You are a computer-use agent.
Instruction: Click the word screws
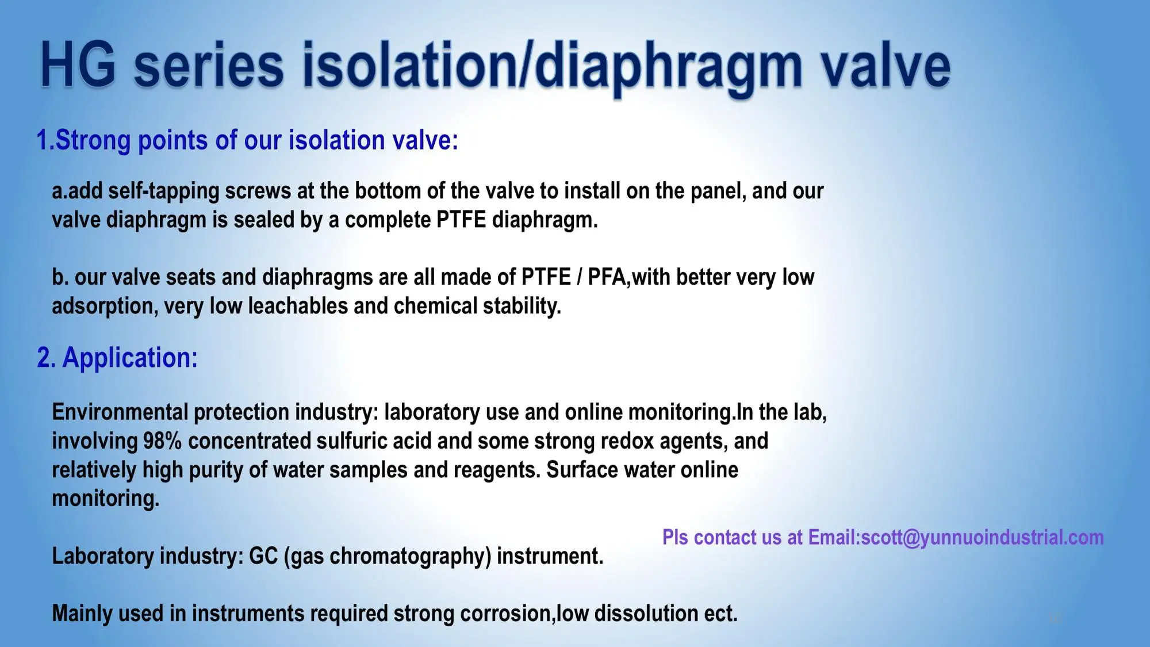pyautogui.click(x=258, y=191)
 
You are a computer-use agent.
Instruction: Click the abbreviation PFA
pyautogui.click(x=607, y=277)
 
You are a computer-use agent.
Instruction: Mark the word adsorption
pyautogui.click(x=103, y=307)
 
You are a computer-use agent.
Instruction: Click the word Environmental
pyautogui.click(x=120, y=412)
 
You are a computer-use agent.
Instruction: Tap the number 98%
pyautogui.click(x=162, y=441)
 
